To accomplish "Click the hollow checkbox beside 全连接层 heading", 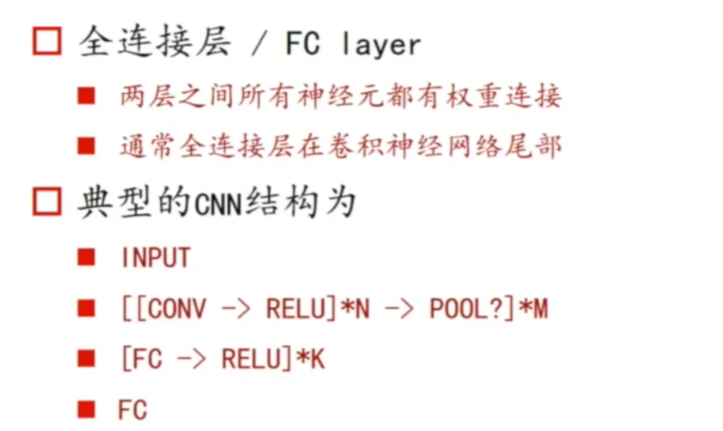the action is click(x=46, y=42).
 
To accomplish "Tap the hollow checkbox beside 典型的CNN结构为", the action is click(x=46, y=203).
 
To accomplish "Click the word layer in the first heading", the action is click(x=380, y=45).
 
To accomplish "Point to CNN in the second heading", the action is click(x=218, y=205).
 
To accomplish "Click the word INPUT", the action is click(x=155, y=258).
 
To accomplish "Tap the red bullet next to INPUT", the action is click(x=86, y=258).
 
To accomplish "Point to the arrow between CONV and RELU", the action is click(x=236, y=310).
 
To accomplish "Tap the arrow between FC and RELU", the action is click(x=192, y=360).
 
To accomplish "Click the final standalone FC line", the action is click(x=133, y=410).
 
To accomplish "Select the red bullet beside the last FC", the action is click(x=86, y=410).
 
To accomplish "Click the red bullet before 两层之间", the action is click(x=86, y=97).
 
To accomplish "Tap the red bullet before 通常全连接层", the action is click(x=86, y=145).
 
